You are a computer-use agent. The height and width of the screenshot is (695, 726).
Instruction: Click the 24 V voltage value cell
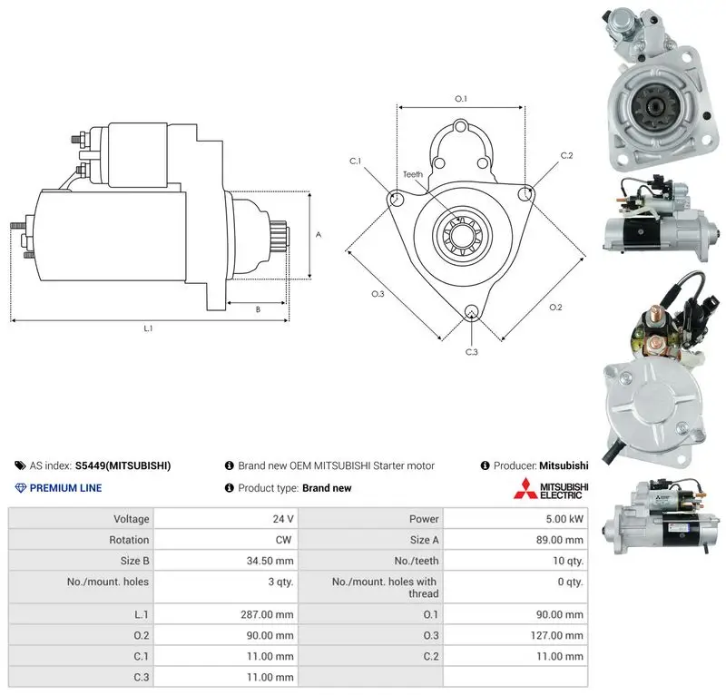[x=283, y=519]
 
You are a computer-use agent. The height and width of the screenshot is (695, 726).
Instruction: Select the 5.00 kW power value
[x=564, y=519]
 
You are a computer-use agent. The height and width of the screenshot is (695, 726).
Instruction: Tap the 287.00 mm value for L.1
[x=267, y=614]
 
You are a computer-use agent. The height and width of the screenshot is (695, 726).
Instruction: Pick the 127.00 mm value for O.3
[x=556, y=635]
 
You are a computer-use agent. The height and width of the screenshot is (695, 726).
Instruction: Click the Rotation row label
[x=129, y=540]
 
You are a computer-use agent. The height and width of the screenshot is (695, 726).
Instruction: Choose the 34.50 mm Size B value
[x=270, y=561]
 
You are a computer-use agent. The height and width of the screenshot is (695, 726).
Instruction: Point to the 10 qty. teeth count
[x=568, y=561]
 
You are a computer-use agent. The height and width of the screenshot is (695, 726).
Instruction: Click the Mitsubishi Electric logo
[x=551, y=488]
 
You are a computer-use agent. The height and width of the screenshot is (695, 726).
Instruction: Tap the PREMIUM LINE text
[x=65, y=488]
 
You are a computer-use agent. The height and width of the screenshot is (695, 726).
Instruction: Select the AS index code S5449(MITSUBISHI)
[x=123, y=465]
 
